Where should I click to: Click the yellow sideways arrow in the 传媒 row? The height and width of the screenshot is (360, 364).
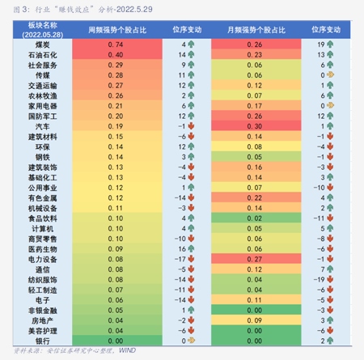332,74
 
